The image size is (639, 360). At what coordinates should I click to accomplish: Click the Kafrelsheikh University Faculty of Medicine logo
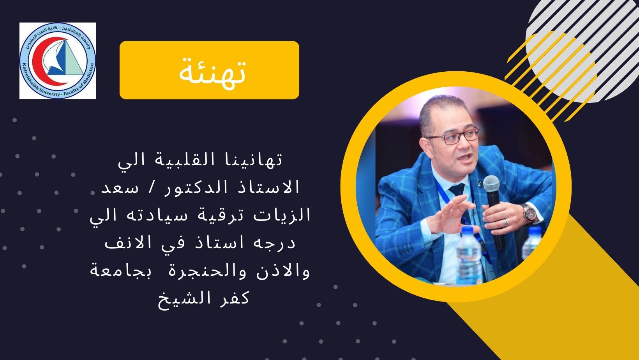[x=58, y=61]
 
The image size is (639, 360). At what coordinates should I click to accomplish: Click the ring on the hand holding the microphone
[x=506, y=222]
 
